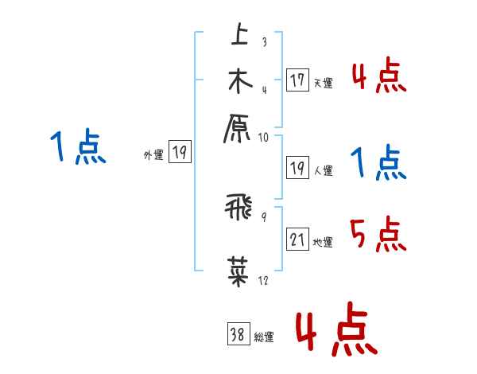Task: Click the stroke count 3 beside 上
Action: tap(264, 42)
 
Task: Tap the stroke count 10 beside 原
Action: tap(264, 136)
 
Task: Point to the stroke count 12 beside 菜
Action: tap(264, 280)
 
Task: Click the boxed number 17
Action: tap(297, 80)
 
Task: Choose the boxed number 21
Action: tap(297, 240)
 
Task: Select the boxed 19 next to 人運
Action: tap(297, 168)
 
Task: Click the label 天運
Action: tap(323, 83)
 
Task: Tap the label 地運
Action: tap(323, 243)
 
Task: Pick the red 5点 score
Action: tap(378, 235)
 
